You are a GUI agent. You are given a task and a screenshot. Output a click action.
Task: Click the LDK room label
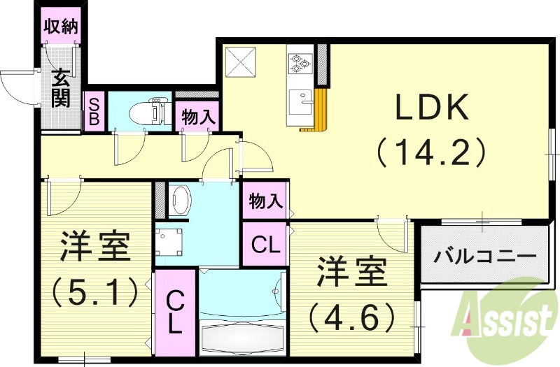coord(431,108)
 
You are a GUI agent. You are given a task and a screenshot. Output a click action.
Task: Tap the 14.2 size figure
coord(431,152)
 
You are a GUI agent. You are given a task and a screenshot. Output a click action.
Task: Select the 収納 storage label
coord(61,27)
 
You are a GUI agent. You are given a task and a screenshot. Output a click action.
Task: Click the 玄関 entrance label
coord(61,87)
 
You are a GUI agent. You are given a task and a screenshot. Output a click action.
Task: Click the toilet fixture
coord(150,110)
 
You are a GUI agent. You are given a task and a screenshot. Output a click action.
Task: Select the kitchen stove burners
coord(300,62)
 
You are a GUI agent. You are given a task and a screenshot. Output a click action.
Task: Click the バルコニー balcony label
coord(484,256)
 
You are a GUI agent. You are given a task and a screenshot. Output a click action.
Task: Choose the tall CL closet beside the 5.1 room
coord(175,312)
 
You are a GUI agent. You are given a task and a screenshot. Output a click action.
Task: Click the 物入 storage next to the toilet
coord(197,116)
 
